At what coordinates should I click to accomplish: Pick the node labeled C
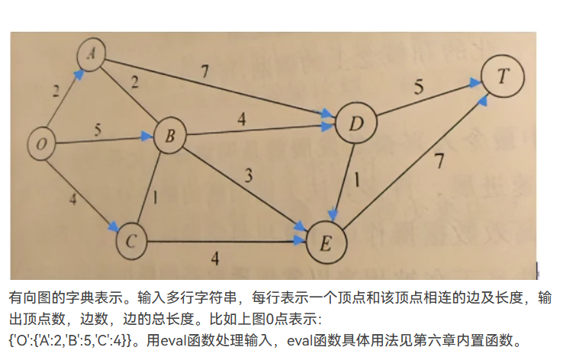point(131,242)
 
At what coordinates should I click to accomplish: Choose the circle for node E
point(326,243)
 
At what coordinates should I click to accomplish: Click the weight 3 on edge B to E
point(247,177)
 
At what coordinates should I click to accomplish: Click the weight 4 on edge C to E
point(216,259)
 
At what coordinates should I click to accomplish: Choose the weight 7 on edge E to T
point(437,161)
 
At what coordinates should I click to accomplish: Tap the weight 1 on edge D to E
point(357,184)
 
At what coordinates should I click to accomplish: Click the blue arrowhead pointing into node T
point(484,99)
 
